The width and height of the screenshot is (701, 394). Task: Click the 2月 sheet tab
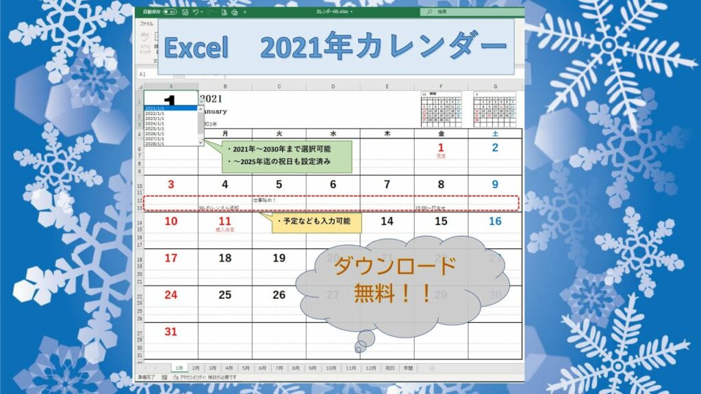coord(196,368)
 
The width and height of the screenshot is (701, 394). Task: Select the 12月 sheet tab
coord(370,368)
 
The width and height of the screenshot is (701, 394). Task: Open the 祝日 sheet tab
coord(390,368)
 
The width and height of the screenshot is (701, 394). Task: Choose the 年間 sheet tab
coord(408,368)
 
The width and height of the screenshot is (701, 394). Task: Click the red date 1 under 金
coord(441,147)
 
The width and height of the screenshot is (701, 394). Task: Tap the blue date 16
coord(495,221)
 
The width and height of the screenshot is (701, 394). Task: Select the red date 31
coord(170,332)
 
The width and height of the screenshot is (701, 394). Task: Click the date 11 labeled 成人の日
coord(225,221)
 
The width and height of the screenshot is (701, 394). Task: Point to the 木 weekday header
coord(387,133)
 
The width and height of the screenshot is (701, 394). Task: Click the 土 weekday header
coord(495,133)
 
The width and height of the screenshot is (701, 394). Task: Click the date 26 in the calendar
coord(279,295)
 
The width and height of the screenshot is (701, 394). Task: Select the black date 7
coord(387,184)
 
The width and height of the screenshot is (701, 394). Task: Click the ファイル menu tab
coord(146,24)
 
